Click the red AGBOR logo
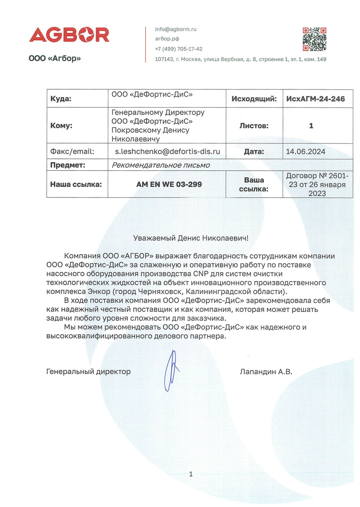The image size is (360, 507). pyautogui.click(x=69, y=35)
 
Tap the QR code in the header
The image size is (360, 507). pyautogui.click(x=314, y=39)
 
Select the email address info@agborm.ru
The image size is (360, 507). pyautogui.click(x=176, y=29)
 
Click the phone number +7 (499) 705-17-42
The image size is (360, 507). pyautogui.click(x=179, y=49)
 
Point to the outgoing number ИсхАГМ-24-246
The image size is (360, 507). pyautogui.click(x=315, y=99)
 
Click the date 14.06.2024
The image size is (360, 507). pyautogui.click(x=305, y=152)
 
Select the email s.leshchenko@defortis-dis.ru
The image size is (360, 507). pyautogui.click(x=167, y=152)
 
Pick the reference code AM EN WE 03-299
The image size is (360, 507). pyautogui.click(x=169, y=184)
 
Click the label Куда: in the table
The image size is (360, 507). pyautogui.click(x=61, y=99)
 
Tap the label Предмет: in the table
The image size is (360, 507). pyautogui.click(x=68, y=165)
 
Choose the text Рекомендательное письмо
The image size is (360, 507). pyautogui.click(x=161, y=165)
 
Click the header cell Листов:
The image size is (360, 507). pyautogui.click(x=254, y=126)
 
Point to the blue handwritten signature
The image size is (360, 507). pyautogui.click(x=171, y=371)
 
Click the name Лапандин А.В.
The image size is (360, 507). pyautogui.click(x=266, y=372)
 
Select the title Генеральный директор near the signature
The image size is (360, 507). pyautogui.click(x=88, y=372)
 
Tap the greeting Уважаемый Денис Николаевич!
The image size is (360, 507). pyautogui.click(x=191, y=238)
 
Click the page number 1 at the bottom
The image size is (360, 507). pyautogui.click(x=191, y=474)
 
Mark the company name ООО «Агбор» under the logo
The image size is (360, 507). pyautogui.click(x=55, y=58)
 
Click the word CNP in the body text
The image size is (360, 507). pyautogui.click(x=200, y=274)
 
